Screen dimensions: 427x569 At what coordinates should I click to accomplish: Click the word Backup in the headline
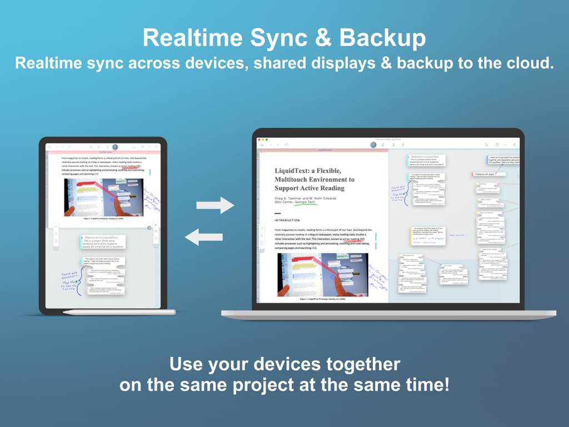[x=383, y=38]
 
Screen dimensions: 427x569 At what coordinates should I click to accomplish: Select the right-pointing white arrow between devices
[x=215, y=205]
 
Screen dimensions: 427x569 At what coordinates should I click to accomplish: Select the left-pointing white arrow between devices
[x=203, y=237]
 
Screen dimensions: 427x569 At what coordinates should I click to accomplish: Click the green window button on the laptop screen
[x=267, y=140]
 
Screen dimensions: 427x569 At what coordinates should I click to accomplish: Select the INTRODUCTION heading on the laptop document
[x=287, y=220]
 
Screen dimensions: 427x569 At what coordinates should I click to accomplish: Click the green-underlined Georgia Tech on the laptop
[x=306, y=202]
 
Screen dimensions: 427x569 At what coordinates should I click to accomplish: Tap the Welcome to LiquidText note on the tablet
[x=103, y=241]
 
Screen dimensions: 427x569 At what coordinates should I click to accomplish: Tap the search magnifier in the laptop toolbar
[x=486, y=145]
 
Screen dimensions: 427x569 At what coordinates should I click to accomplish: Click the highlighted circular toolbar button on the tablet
[x=115, y=147]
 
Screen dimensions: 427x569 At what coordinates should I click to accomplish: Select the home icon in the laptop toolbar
[x=262, y=145]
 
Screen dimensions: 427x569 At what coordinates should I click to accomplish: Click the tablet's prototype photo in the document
[x=103, y=197]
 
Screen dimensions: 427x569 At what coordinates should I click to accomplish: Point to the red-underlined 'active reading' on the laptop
[x=353, y=240]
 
